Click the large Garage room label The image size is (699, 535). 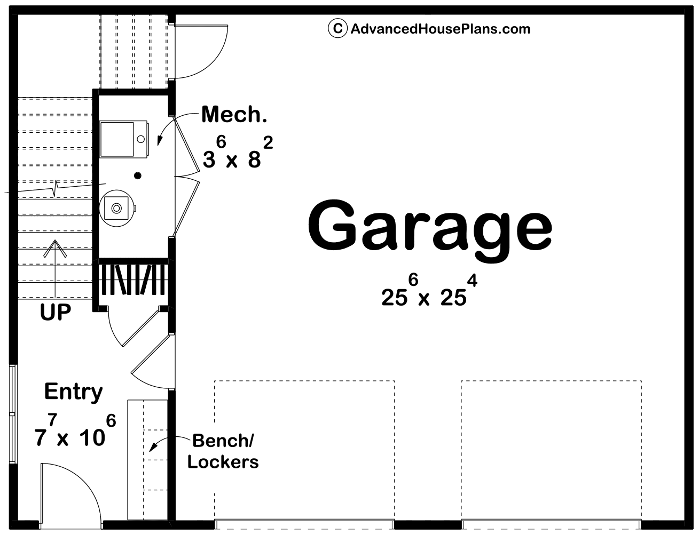(x=430, y=229)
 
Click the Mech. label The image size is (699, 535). (x=234, y=114)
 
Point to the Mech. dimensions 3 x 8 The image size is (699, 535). (x=238, y=153)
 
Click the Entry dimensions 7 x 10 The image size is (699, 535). (x=75, y=430)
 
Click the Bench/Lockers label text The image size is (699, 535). (x=223, y=451)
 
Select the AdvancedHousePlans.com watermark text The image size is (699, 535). (x=441, y=29)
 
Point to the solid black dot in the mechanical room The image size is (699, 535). (x=138, y=175)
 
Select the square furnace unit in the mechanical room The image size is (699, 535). (x=124, y=139)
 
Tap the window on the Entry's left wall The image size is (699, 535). (x=13, y=414)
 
